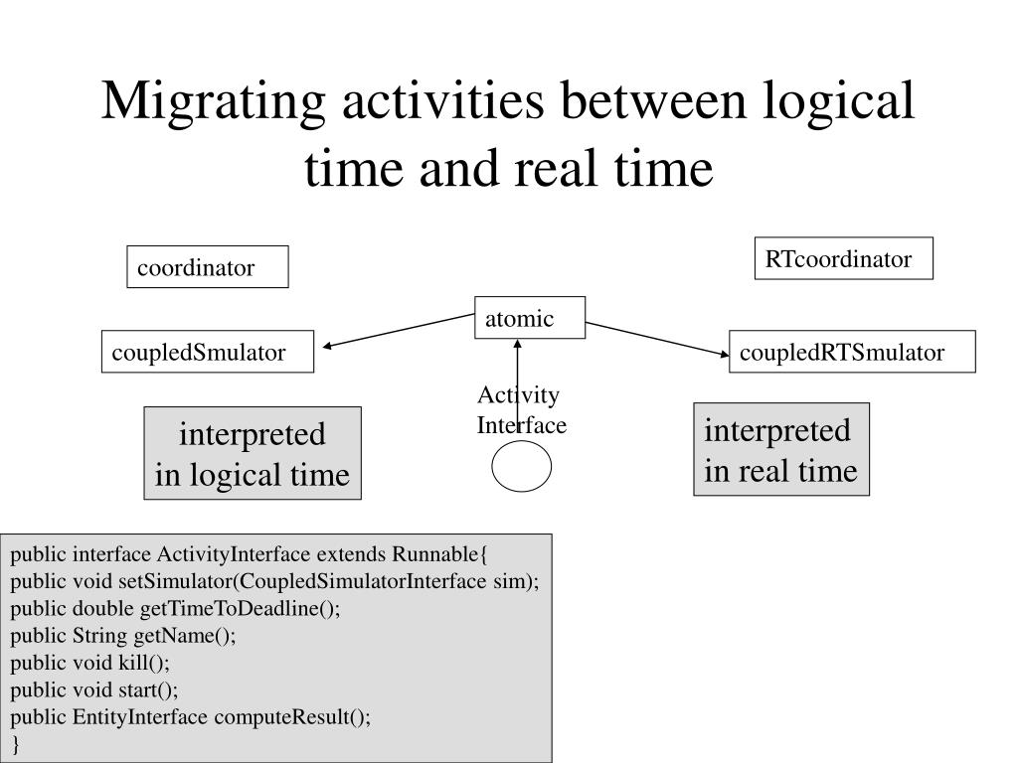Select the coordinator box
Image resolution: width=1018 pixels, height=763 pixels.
(x=208, y=267)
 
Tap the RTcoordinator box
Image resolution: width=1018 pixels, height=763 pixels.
(x=843, y=259)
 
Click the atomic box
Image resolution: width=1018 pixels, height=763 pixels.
(x=530, y=319)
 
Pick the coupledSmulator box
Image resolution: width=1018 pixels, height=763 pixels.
(x=208, y=352)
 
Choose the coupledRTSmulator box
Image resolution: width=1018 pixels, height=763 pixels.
(x=852, y=352)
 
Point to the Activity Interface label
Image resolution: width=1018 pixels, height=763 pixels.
(x=521, y=410)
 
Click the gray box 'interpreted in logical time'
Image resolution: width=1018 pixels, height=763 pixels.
(x=253, y=453)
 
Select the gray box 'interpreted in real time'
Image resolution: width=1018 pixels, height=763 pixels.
(x=781, y=449)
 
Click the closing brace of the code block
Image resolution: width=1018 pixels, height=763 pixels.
(x=16, y=744)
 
